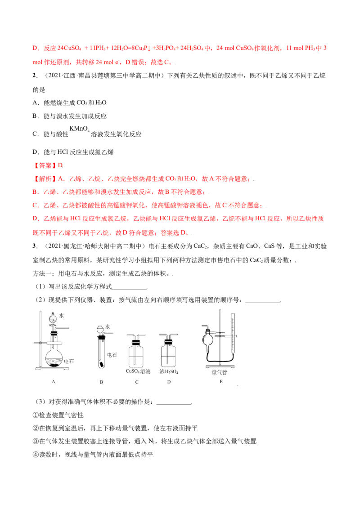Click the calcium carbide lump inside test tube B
tap(102, 365)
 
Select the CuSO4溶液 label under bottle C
tap(138, 371)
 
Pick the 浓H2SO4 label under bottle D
tap(169, 371)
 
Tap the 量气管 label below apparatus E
tap(219, 372)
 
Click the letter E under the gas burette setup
tap(221, 381)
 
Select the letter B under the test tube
tap(101, 382)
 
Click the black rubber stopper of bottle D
tap(168, 342)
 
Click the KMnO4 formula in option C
tap(79, 129)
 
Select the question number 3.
tap(35, 246)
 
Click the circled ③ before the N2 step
tap(36, 441)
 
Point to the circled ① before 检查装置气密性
tap(36, 415)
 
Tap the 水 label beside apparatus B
tap(108, 327)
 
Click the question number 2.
tap(35, 76)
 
